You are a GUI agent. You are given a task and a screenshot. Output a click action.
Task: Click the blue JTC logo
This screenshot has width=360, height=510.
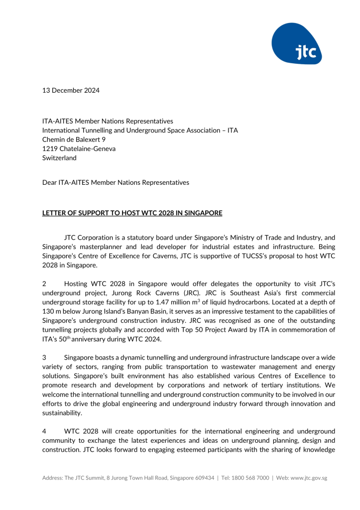[297, 44]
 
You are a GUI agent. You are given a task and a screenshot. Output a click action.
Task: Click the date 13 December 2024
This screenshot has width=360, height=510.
[71, 90]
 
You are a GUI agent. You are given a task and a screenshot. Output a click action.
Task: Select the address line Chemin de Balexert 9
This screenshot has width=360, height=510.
[74, 139]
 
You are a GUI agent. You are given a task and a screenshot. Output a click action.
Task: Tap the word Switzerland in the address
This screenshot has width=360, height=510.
[59, 158]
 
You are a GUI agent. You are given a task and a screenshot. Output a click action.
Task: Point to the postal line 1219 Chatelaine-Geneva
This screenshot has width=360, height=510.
[79, 148]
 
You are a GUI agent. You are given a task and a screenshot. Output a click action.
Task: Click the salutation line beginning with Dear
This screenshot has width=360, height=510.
[116, 182]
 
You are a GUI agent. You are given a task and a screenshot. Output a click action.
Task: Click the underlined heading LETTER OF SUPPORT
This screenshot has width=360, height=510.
[132, 213]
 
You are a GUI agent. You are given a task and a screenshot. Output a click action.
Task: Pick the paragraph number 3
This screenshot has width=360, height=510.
[44, 357]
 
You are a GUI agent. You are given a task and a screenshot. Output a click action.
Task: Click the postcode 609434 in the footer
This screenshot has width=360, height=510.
[203, 478]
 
